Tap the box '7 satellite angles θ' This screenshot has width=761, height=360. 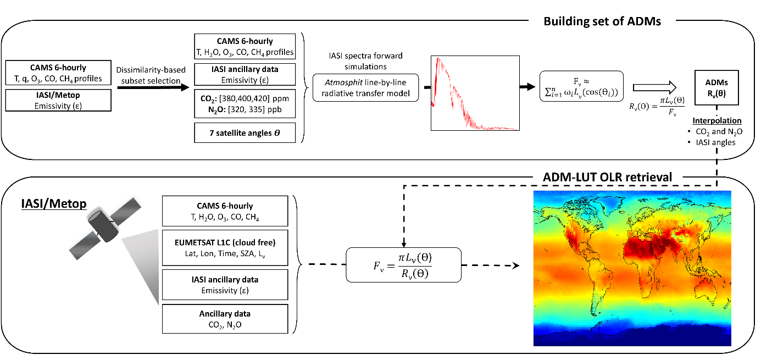(245, 133)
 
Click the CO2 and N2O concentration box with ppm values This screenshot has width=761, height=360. (245, 103)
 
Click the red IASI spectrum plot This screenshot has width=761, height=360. (475, 93)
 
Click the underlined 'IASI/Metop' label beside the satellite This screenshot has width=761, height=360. (50, 204)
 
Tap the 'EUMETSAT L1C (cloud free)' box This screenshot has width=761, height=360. (225, 247)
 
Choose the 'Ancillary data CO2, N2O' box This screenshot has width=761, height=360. (225, 319)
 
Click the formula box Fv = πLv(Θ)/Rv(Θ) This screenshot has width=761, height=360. (403, 265)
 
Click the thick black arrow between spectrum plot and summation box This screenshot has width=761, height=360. (529, 87)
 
